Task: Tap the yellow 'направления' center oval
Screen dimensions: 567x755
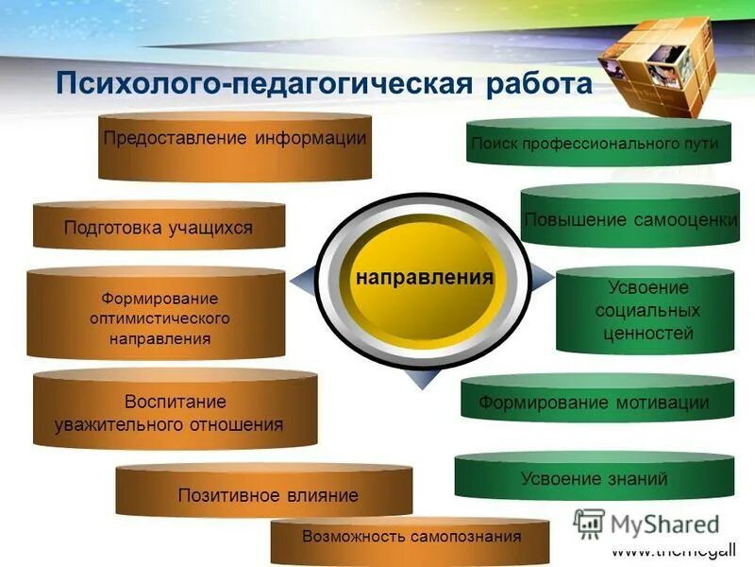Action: coord(424,278)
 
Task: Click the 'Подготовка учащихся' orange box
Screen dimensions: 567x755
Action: coord(158,227)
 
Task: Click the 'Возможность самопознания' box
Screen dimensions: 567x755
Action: coord(410,539)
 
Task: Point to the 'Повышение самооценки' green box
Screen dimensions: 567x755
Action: coord(630,219)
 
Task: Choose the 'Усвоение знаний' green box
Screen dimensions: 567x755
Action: coord(595,478)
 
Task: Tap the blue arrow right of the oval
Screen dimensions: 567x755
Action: coord(542,277)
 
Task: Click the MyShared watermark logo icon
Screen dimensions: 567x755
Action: coord(590,524)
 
